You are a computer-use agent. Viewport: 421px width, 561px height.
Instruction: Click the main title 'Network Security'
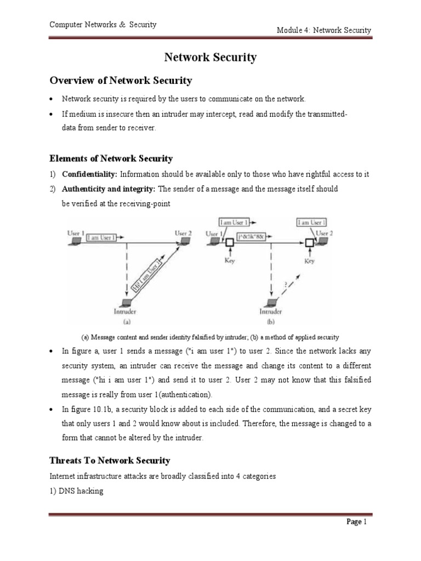(x=210, y=58)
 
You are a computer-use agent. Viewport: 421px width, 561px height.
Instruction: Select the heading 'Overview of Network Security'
(x=121, y=81)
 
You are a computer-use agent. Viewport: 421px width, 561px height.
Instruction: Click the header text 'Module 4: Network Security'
(x=323, y=30)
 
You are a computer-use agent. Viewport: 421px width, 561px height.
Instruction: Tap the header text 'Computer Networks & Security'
(x=103, y=25)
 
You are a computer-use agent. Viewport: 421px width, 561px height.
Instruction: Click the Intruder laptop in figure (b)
(x=270, y=303)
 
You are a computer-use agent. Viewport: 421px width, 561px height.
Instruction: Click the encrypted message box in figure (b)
(x=251, y=237)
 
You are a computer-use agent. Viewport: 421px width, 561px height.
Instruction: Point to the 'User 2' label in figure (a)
(x=183, y=233)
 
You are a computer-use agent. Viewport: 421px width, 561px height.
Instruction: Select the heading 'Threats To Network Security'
(x=110, y=461)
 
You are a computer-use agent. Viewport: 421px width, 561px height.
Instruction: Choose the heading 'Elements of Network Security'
(x=111, y=159)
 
